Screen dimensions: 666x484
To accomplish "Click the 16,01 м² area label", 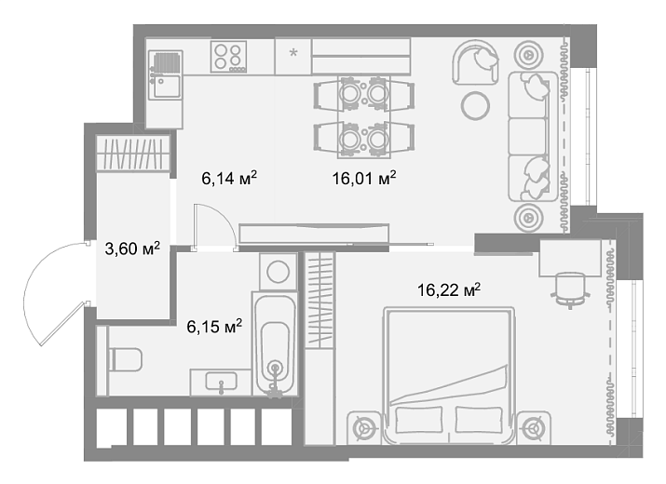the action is pos(364,179).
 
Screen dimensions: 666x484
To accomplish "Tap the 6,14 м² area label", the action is pos(229,179).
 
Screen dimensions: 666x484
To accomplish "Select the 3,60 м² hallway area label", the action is pos(132,249).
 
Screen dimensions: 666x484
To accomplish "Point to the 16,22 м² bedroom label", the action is pos(449,290).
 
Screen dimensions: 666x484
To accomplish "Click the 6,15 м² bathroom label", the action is pos(214,327).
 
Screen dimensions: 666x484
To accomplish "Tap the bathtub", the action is pos(275,343).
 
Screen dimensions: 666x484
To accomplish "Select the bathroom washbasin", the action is pos(222,382).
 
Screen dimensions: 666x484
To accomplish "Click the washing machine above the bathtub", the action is pos(279,271).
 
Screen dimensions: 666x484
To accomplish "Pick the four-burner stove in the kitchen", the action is pos(228,57).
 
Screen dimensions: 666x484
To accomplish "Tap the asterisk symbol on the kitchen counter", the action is pos(293,53).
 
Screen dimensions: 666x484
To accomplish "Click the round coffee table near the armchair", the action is pos(475,105).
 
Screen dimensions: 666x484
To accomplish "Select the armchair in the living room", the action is pos(475,62).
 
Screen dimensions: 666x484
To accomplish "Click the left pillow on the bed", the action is pos(419,420).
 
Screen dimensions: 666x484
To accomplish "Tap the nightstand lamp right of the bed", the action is pos(533,428).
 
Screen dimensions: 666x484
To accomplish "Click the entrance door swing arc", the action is pos(31,293).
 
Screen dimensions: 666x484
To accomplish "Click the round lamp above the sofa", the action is pos(528,55).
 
